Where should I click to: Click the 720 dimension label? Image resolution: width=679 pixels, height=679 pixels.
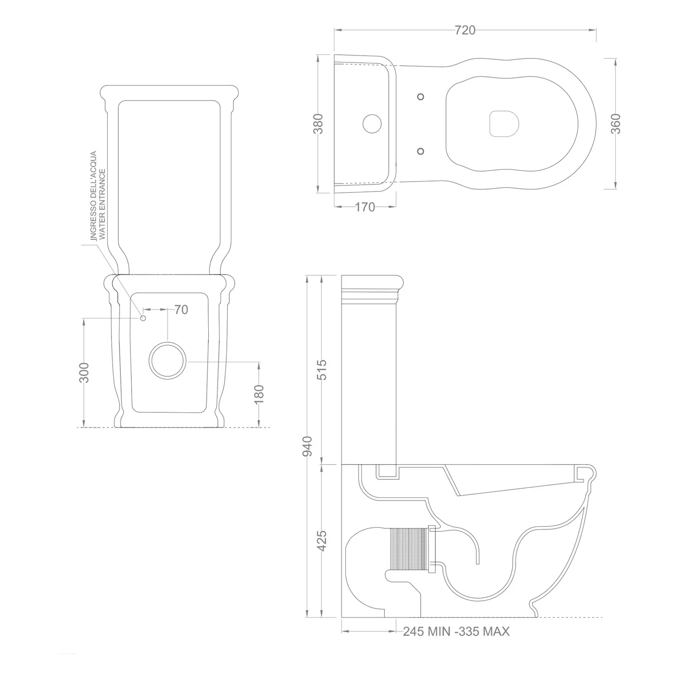[x=465, y=30]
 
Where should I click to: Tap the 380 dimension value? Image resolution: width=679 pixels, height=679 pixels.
[x=319, y=124]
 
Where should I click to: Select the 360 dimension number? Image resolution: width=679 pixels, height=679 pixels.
[x=616, y=124]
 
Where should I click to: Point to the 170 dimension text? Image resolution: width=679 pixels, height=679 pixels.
[x=365, y=207]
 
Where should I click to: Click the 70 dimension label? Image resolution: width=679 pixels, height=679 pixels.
[x=181, y=310]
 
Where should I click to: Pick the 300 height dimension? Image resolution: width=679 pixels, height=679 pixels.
[x=84, y=372]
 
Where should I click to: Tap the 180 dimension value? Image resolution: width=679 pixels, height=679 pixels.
[x=258, y=394]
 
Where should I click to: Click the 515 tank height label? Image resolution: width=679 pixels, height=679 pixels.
[x=321, y=369]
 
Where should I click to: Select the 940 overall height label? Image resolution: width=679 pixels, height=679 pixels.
[x=307, y=446]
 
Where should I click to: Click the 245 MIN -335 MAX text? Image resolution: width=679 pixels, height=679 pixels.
[x=456, y=631]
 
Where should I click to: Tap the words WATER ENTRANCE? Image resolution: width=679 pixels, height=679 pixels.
[x=102, y=205]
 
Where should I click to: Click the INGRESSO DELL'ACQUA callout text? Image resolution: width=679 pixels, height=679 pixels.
[x=93, y=196]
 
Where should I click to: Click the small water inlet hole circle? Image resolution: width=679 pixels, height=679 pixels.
[x=143, y=318]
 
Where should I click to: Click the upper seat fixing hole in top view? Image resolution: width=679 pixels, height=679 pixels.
[x=421, y=96]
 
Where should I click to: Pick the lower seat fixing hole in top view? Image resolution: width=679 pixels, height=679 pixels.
[x=421, y=151]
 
